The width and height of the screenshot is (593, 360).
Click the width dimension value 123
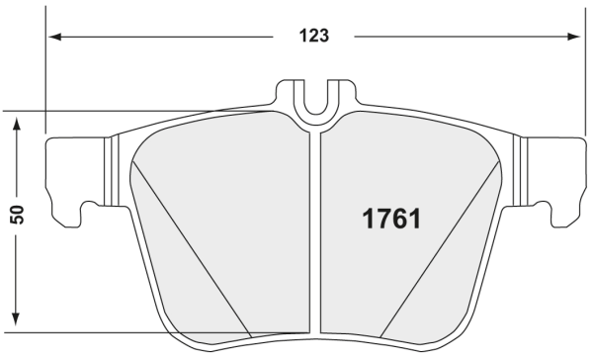[313, 37]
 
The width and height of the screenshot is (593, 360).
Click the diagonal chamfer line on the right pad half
[435, 247]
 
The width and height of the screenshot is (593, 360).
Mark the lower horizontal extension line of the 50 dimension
[148, 333]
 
